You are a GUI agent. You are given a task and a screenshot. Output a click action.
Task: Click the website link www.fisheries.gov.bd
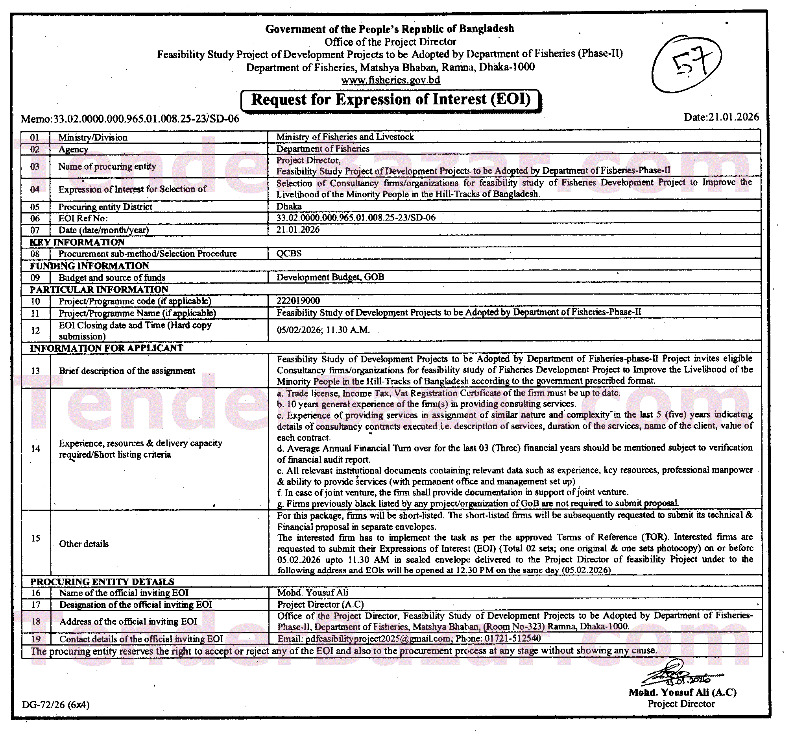pos(390,80)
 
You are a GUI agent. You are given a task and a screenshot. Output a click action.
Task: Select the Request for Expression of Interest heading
pos(391,100)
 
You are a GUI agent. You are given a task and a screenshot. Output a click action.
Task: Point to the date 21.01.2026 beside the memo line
pos(721,117)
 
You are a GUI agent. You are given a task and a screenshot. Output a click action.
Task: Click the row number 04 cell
pos(35,189)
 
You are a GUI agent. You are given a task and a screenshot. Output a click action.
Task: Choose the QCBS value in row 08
pos(289,253)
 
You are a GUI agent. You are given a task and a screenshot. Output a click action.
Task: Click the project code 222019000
pos(298,301)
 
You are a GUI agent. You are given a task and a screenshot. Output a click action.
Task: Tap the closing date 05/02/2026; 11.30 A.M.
pos(323,330)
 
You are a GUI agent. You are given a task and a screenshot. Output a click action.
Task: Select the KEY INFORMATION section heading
pos(77,242)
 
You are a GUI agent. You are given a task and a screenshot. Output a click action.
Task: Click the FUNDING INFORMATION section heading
pos(89,266)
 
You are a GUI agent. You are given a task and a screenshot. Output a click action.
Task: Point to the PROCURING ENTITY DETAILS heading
pos(102,582)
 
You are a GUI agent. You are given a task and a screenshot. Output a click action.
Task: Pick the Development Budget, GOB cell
pos(330,277)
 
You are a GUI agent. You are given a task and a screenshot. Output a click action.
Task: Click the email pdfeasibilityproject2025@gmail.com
pos(377,638)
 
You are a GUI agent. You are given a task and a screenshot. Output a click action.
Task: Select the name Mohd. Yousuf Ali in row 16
pos(313,592)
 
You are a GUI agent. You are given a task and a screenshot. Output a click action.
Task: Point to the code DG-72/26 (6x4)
pos(56,705)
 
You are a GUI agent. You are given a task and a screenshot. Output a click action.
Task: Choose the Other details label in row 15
pos(84,544)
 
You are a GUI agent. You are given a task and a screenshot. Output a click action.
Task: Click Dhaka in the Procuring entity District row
pos(289,206)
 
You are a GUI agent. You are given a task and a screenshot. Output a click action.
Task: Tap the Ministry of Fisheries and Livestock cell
pos(345,137)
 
